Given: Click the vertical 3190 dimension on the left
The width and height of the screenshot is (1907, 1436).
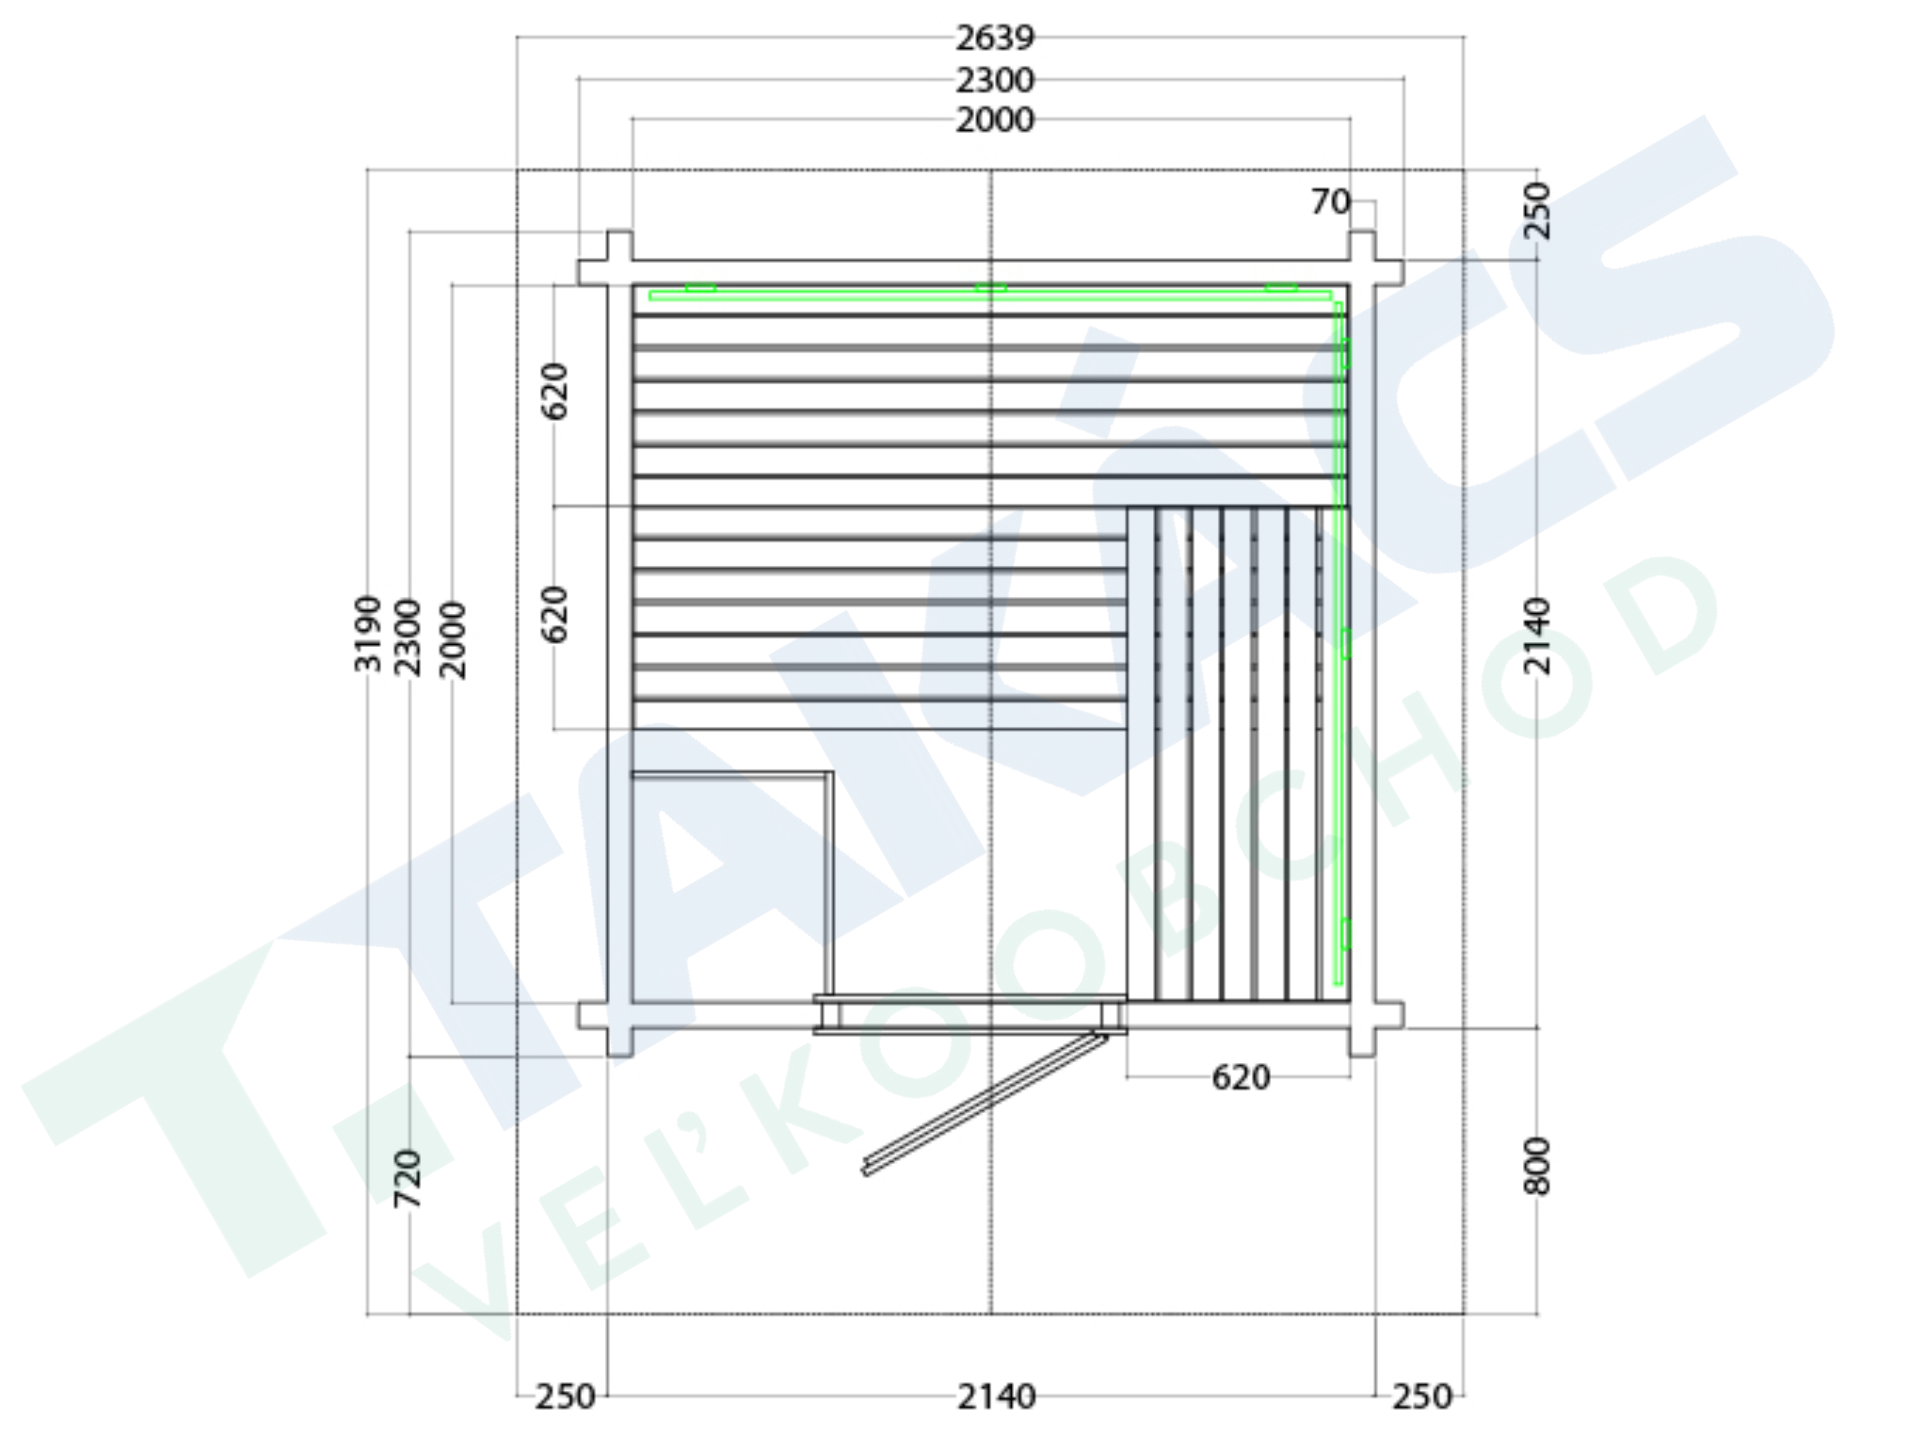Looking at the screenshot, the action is [368, 633].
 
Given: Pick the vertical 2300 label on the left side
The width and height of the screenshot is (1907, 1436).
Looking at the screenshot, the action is [408, 638].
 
